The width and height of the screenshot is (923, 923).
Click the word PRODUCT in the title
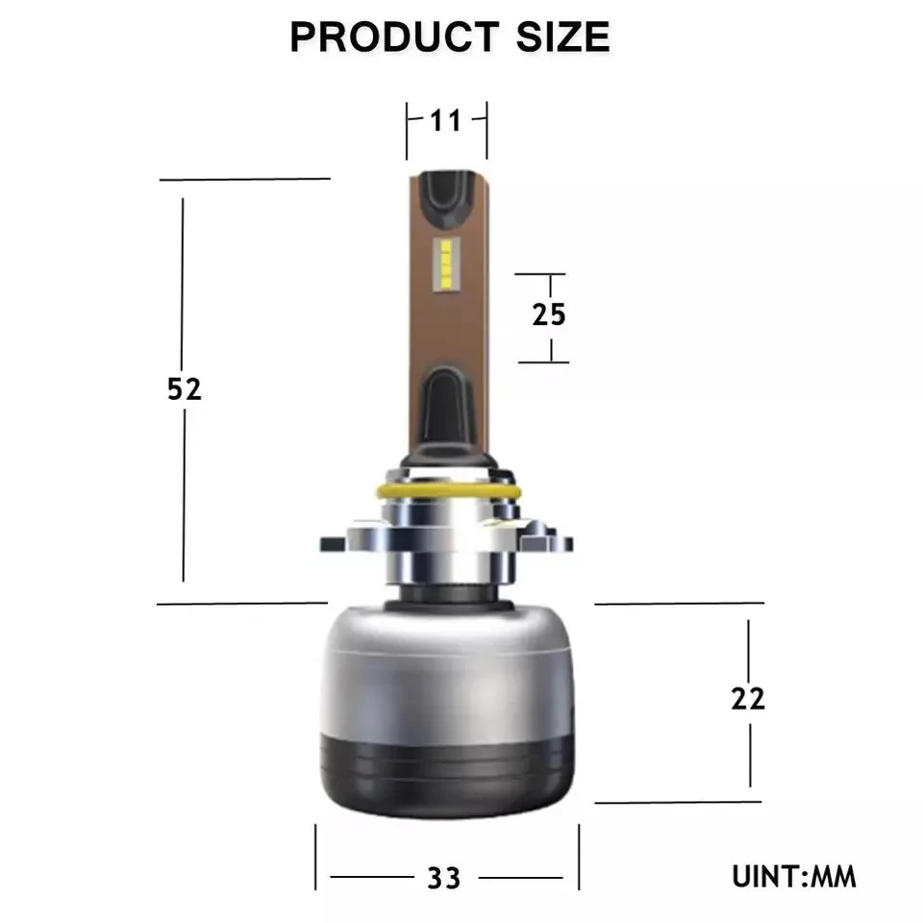[x=394, y=37]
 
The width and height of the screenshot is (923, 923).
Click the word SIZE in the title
[x=562, y=37]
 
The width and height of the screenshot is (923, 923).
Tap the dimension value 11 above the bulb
[x=445, y=121]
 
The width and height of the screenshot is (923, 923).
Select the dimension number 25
[x=549, y=314]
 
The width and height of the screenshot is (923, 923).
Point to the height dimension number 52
[x=185, y=388]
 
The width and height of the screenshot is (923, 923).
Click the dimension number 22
[x=748, y=699]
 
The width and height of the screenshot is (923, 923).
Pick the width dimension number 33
[x=444, y=878]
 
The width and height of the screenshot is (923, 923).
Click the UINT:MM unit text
[x=793, y=877]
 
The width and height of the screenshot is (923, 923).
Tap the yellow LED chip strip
[x=445, y=265]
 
